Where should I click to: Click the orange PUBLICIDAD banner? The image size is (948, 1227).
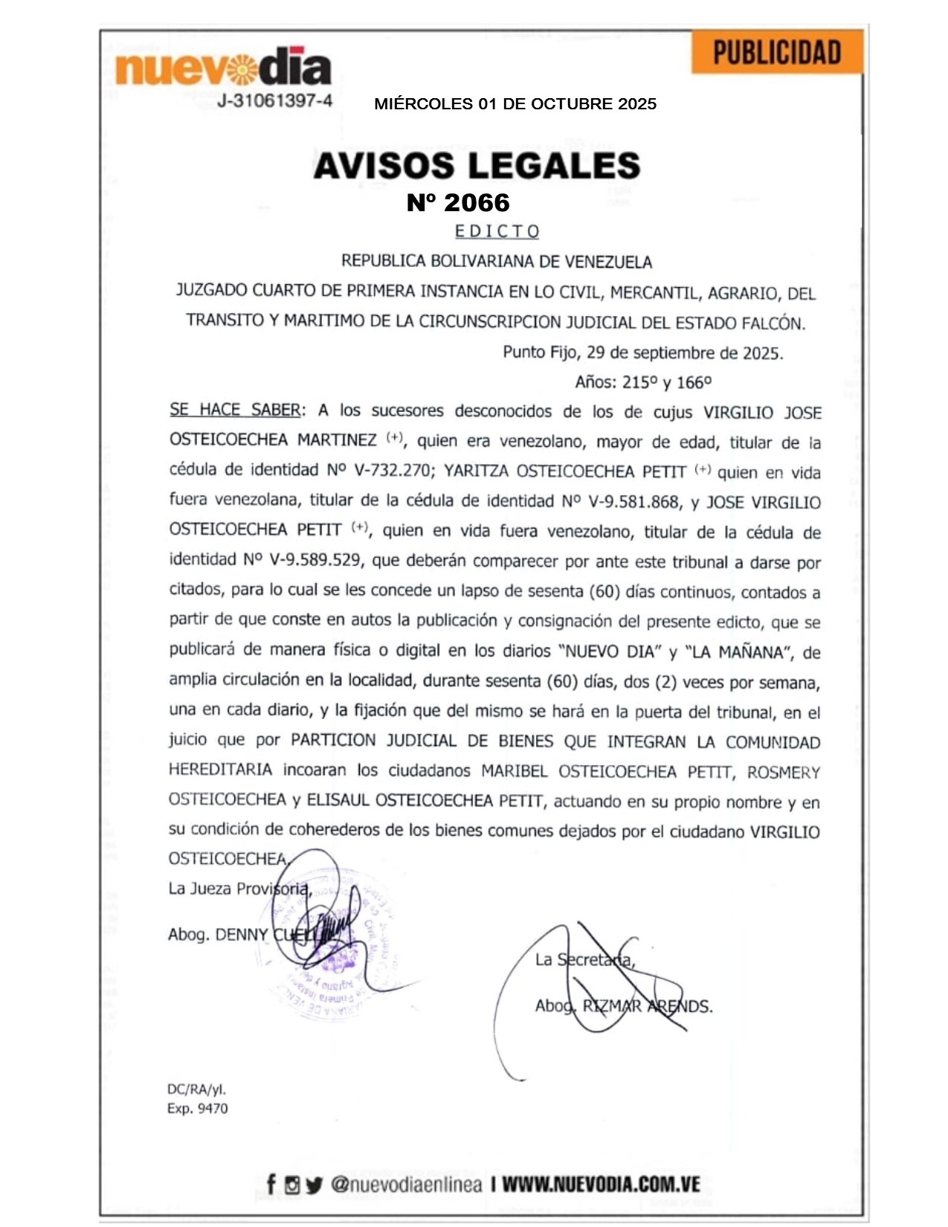[777, 52]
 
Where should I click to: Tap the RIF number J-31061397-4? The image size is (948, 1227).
[274, 101]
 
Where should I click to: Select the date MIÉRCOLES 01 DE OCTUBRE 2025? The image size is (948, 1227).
[515, 104]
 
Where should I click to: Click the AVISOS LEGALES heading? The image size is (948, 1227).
[477, 165]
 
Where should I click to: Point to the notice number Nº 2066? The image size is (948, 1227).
[458, 202]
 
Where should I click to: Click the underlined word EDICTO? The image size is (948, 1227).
[497, 231]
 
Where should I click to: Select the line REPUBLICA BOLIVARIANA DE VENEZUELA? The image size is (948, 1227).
[496, 261]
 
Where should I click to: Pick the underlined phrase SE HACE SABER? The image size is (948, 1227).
[235, 410]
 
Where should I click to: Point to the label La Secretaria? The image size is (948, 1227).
[584, 960]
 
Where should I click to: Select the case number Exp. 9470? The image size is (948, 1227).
[197, 1109]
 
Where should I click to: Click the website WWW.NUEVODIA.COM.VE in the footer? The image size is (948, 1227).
[601, 1185]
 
